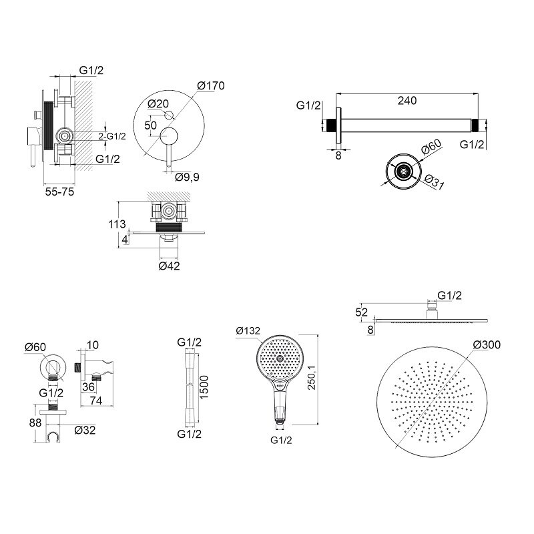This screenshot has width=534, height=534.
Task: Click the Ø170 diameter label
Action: [211, 85]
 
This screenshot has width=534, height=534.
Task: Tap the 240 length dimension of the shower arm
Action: [407, 101]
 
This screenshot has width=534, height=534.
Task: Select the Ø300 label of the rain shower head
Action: [487, 344]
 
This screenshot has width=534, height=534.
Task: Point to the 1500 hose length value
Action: [204, 387]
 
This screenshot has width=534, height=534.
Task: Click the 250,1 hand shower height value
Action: [311, 378]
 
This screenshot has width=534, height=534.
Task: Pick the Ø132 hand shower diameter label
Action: [248, 330]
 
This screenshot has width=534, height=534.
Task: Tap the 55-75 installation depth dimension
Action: [59, 192]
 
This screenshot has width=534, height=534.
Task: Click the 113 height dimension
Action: [117, 224]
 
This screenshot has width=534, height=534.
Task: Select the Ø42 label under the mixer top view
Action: [169, 266]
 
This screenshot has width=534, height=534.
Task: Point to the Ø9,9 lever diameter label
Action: [187, 177]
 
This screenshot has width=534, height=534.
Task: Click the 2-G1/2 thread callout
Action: [112, 136]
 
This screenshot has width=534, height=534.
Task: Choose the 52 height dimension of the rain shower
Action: [361, 312]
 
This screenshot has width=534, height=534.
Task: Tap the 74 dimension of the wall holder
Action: [96, 400]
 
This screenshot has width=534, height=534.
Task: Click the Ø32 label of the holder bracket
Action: [85, 430]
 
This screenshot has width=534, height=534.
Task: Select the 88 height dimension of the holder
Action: [35, 423]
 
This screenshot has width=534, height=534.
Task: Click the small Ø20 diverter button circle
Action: [169, 115]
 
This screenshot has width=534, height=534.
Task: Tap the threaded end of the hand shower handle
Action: [280, 422]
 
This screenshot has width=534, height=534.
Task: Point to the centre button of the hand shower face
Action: [280, 358]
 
